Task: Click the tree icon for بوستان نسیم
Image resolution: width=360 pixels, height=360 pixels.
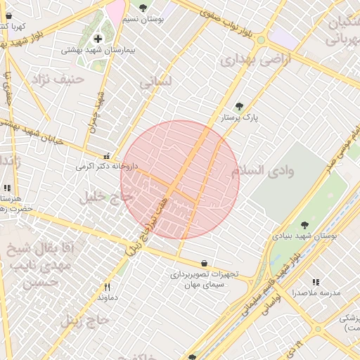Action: pyautogui.click(x=143, y=8)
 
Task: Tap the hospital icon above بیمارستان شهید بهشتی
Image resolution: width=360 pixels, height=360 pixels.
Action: pyautogui.click(x=98, y=38)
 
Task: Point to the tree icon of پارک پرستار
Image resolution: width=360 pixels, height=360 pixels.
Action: pyautogui.click(x=239, y=106)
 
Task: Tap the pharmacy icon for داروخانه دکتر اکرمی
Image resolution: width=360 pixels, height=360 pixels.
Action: pyautogui.click(x=106, y=156)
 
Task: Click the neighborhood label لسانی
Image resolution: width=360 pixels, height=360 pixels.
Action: pyautogui.click(x=155, y=82)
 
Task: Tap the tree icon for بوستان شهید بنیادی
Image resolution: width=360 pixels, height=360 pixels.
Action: pyautogui.click(x=304, y=225)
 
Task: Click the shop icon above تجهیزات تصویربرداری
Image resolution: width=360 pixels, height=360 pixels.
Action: pyautogui.click(x=204, y=263)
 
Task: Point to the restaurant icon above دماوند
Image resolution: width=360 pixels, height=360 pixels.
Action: pyautogui.click(x=107, y=286)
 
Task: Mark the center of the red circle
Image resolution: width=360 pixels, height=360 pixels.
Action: pyautogui.click(x=180, y=180)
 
